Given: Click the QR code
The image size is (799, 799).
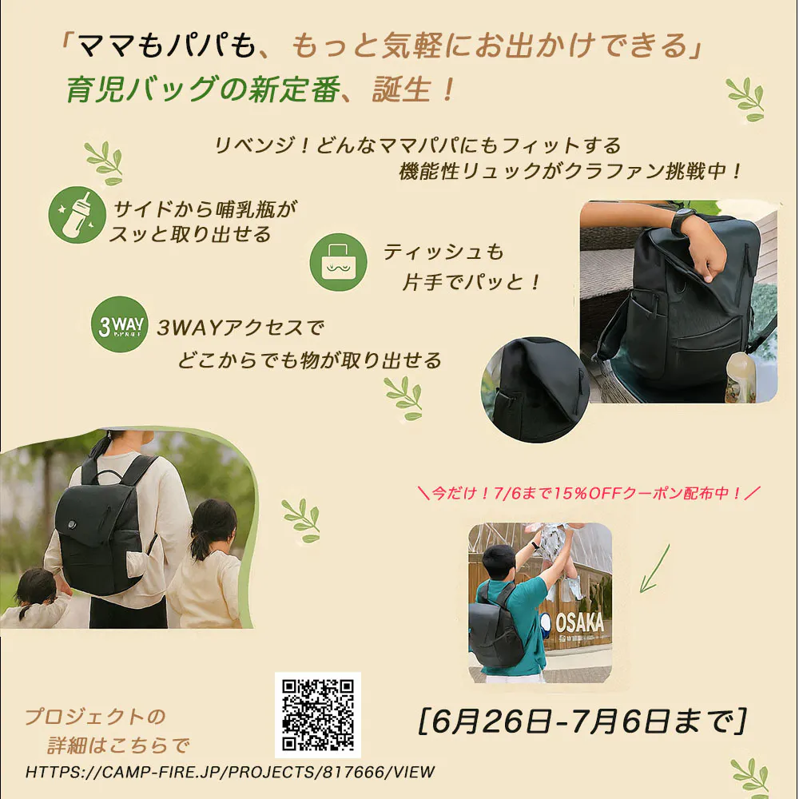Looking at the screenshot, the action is pos(317,714).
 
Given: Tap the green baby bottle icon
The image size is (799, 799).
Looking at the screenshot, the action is pos(77,214).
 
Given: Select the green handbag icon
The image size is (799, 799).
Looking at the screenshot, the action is pos(338,262).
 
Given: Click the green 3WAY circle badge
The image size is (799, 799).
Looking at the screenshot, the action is pos(120,324).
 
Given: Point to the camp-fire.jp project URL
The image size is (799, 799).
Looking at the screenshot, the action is pos(230,772).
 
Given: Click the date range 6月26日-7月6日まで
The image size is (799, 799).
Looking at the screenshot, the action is pos(582,721).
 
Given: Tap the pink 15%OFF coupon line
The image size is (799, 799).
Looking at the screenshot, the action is pos(589,493).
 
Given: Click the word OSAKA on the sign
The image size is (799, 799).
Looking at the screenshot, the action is pos(579,622).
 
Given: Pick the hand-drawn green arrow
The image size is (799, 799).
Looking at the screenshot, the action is pos(654,569).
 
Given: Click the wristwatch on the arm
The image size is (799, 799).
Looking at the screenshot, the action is pos(685,222).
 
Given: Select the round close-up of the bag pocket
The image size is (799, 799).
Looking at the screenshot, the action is pos(535,390).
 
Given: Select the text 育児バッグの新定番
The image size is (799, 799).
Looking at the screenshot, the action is pos(203,89).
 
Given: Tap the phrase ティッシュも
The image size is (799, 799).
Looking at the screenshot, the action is pos(443,252).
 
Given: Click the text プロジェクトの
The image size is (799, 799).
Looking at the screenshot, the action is pos(95,717).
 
